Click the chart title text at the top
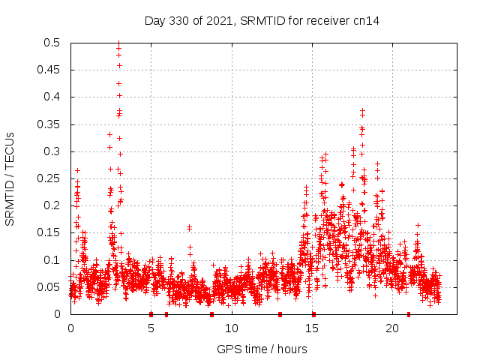262,21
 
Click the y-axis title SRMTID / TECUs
10,178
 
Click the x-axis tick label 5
151,328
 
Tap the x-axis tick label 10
231,328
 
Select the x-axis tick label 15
311,328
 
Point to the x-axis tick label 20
391,328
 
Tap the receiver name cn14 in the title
367,21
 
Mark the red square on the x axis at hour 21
408,314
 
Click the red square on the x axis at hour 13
280,314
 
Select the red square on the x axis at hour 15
313,314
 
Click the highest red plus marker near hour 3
118,43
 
